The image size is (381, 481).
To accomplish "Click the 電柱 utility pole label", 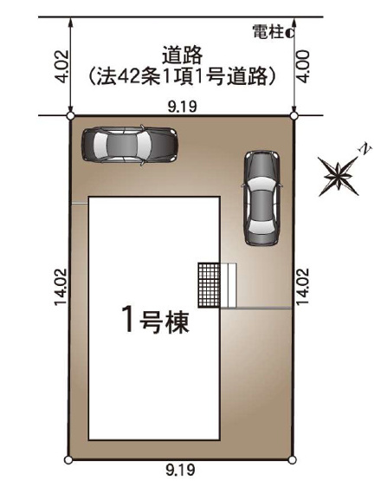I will [x=268, y=32].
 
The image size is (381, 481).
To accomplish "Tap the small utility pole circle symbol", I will [x=288, y=33].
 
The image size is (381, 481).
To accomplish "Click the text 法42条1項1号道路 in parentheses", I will [x=182, y=76].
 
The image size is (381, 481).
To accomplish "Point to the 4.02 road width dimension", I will [x=60, y=66].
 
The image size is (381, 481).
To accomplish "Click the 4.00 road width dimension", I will [x=302, y=66].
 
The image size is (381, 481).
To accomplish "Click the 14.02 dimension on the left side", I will [x=60, y=287].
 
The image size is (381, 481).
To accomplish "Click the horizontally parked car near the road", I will [x=130, y=144].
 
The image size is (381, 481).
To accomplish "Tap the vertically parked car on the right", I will [x=262, y=198].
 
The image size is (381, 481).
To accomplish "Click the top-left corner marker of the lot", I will [x=70, y=115].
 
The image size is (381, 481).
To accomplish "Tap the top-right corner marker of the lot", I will [x=294, y=115].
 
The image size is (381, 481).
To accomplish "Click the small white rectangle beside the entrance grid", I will [x=229, y=285].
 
